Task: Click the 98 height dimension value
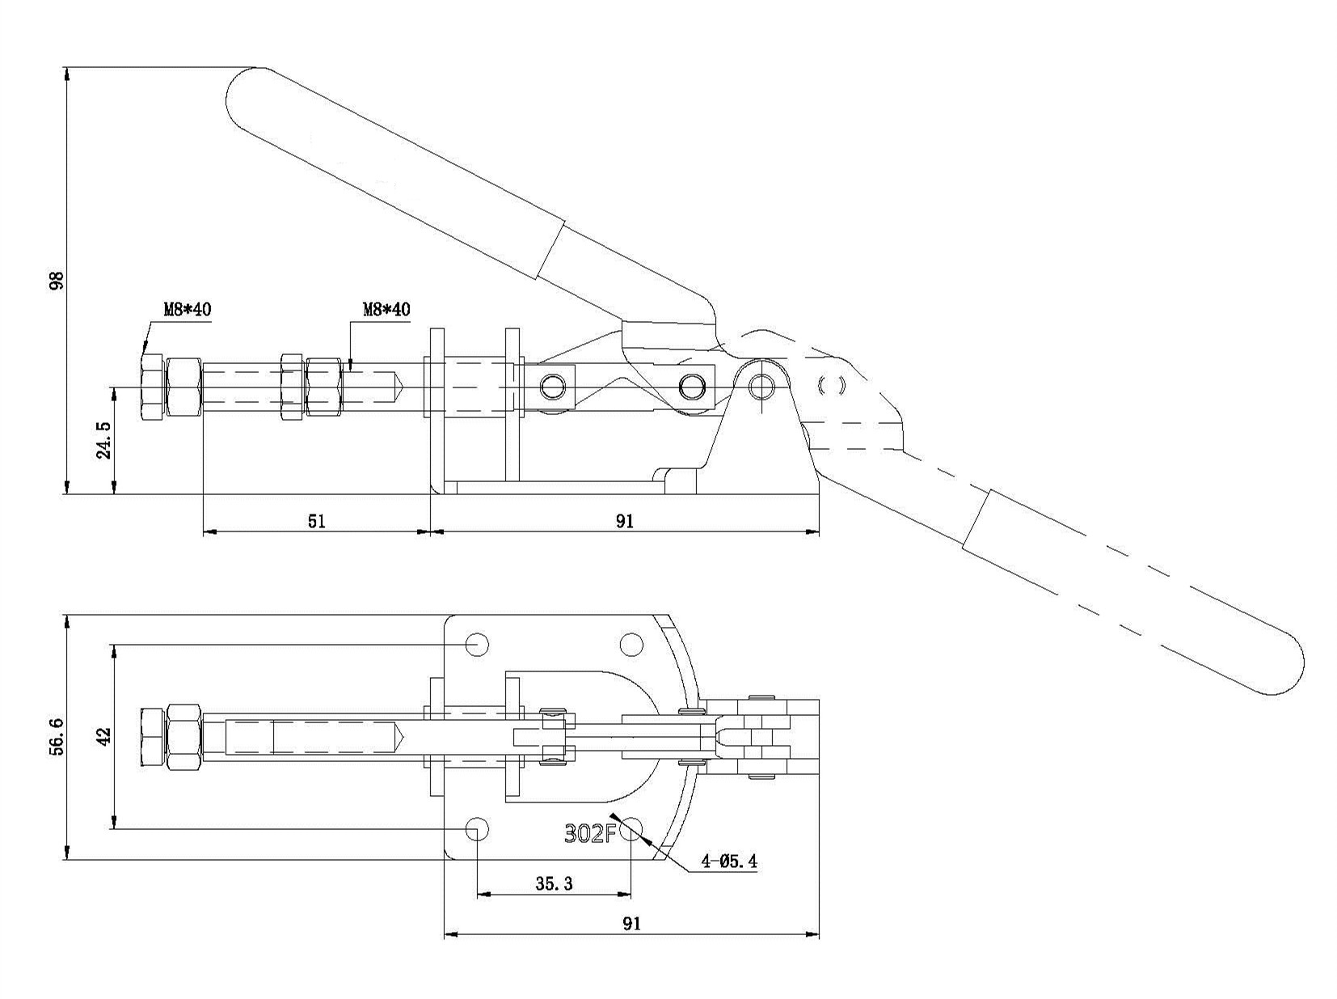point(57,281)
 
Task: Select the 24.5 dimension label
point(104,440)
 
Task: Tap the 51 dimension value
point(317,521)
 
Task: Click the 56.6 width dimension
point(57,737)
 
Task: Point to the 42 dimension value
point(104,736)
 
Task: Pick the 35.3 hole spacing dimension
point(555,883)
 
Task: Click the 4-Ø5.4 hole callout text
point(729,861)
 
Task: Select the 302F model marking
point(589,833)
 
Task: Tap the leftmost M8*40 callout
point(187,309)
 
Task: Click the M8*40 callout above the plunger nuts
point(386,309)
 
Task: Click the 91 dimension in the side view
point(625,521)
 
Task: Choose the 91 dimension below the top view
point(631,924)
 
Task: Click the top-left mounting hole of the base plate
point(477,644)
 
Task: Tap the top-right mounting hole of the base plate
point(631,644)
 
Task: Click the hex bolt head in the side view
point(152,387)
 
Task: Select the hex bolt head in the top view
point(152,737)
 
